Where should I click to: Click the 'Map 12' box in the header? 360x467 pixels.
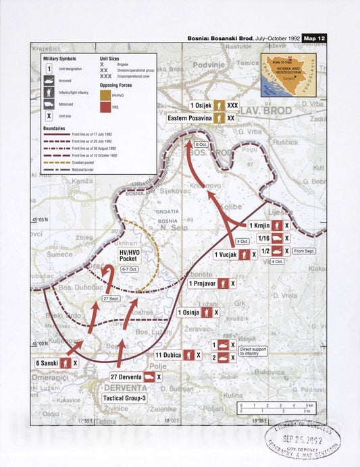coord(314,38)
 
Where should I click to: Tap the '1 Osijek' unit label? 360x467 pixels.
coord(202,106)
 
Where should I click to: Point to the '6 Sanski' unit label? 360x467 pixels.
coord(48,362)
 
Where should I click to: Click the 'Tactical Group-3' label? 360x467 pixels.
coord(124,398)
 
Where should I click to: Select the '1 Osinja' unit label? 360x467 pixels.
coord(188,312)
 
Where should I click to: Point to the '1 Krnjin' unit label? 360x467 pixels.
coord(260,225)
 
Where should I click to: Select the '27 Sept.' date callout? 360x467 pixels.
coord(109,298)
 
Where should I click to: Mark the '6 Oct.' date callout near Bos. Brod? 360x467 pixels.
coord(201,144)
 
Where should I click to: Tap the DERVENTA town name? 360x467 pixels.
coord(125,389)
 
